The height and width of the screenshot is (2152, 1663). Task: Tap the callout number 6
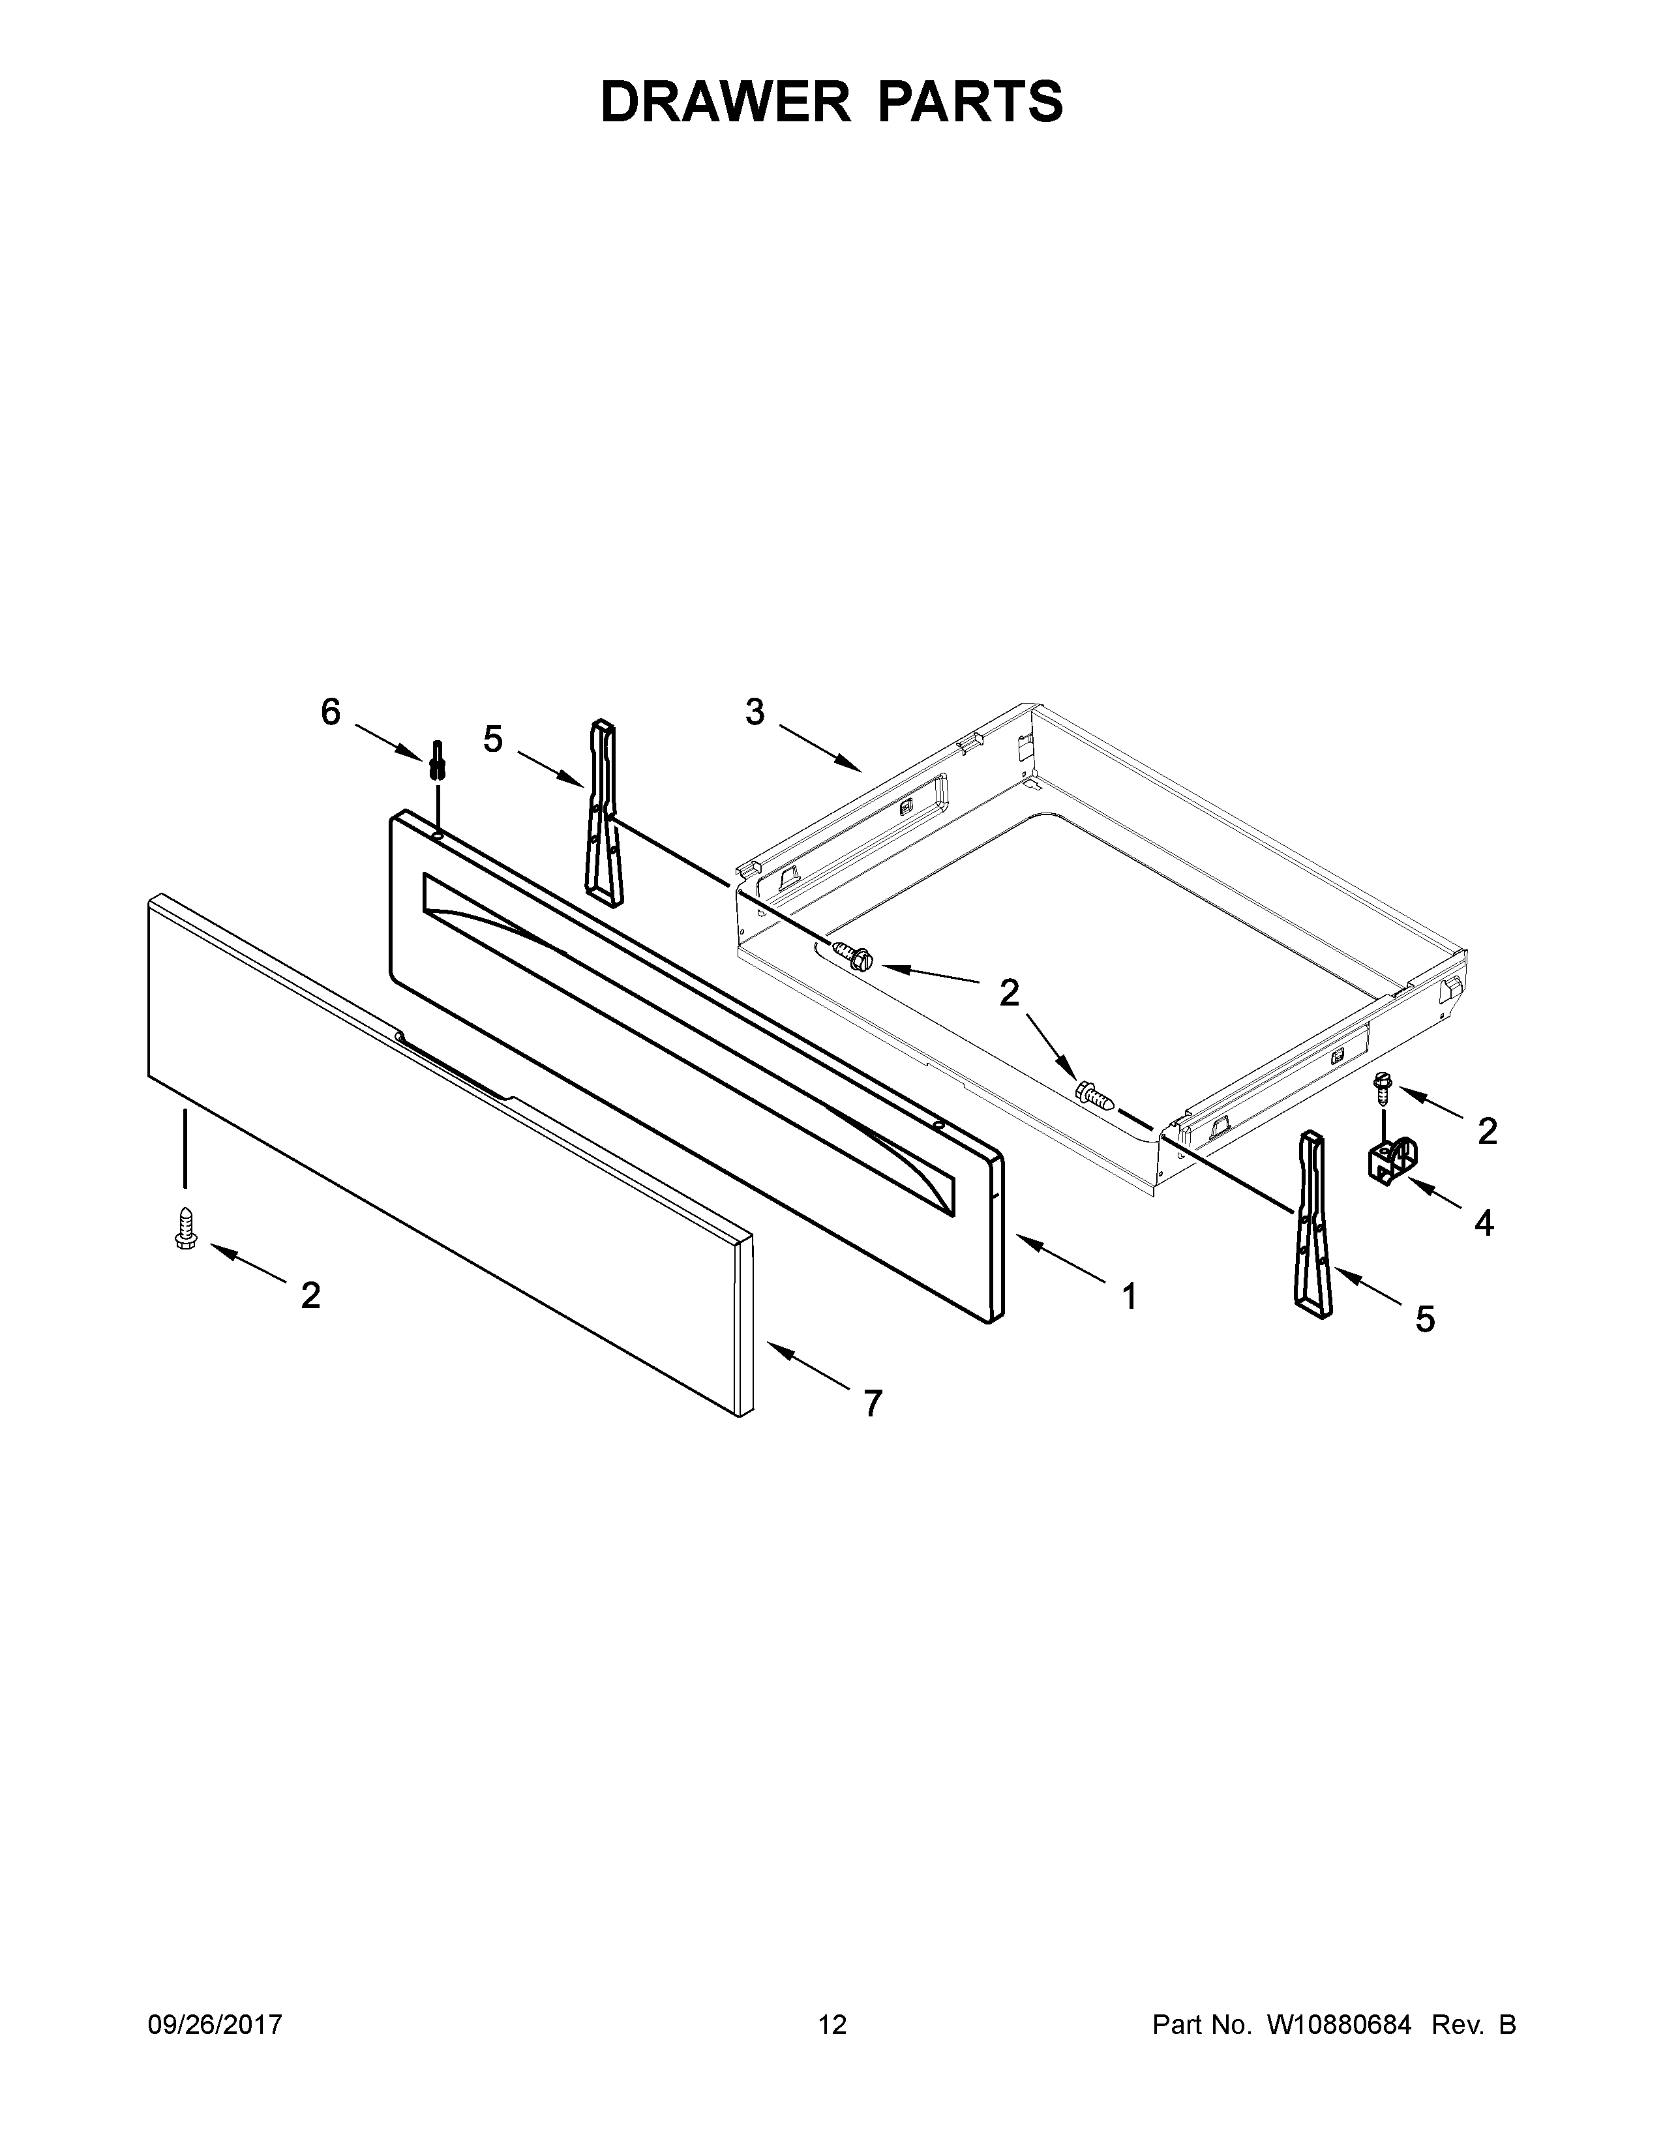331,711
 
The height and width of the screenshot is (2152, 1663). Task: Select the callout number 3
755,711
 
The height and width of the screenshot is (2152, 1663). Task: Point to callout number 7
872,1403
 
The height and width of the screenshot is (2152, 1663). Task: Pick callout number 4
1484,1223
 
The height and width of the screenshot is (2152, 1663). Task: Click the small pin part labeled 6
438,760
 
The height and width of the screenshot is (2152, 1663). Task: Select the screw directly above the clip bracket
1382,1086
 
